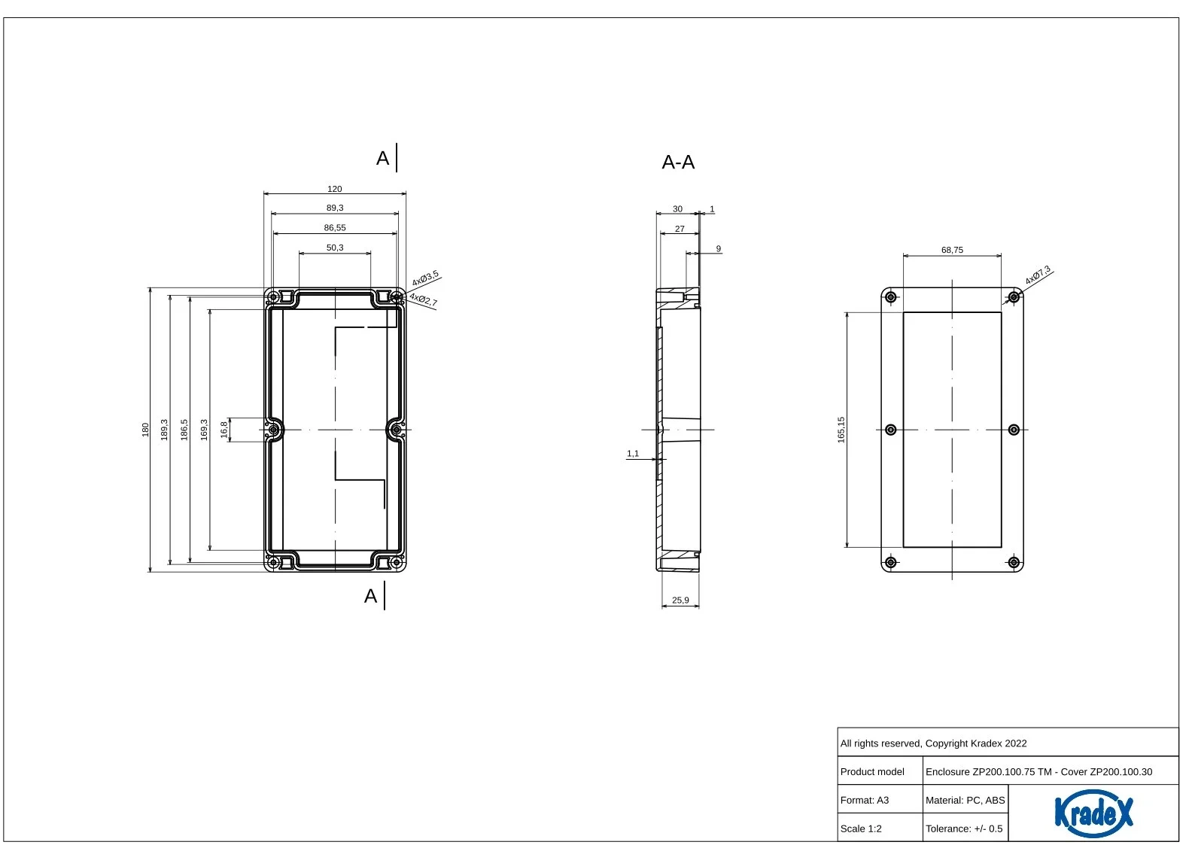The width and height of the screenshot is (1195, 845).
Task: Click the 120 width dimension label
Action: pyautogui.click(x=334, y=189)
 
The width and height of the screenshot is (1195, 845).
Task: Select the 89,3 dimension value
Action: pyautogui.click(x=335, y=208)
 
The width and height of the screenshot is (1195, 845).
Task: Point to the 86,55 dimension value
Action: pyautogui.click(x=335, y=228)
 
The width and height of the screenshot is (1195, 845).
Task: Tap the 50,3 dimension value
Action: pyautogui.click(x=335, y=248)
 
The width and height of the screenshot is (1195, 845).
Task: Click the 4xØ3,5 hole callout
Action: pyautogui.click(x=425, y=278)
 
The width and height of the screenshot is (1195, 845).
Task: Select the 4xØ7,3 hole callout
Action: pyautogui.click(x=1038, y=275)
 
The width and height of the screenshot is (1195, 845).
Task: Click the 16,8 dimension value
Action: pyautogui.click(x=224, y=430)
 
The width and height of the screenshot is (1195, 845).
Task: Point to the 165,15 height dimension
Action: pyautogui.click(x=841, y=430)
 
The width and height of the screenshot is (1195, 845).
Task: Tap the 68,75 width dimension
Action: pyautogui.click(x=952, y=250)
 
